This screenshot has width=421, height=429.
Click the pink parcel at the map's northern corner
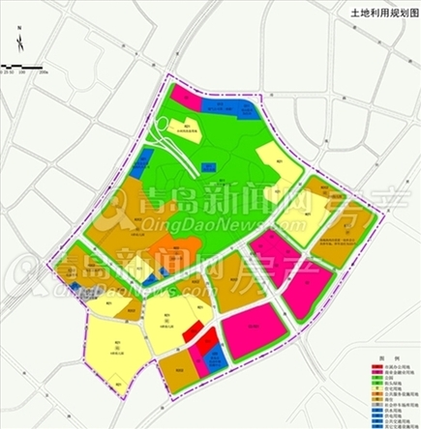188,99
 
